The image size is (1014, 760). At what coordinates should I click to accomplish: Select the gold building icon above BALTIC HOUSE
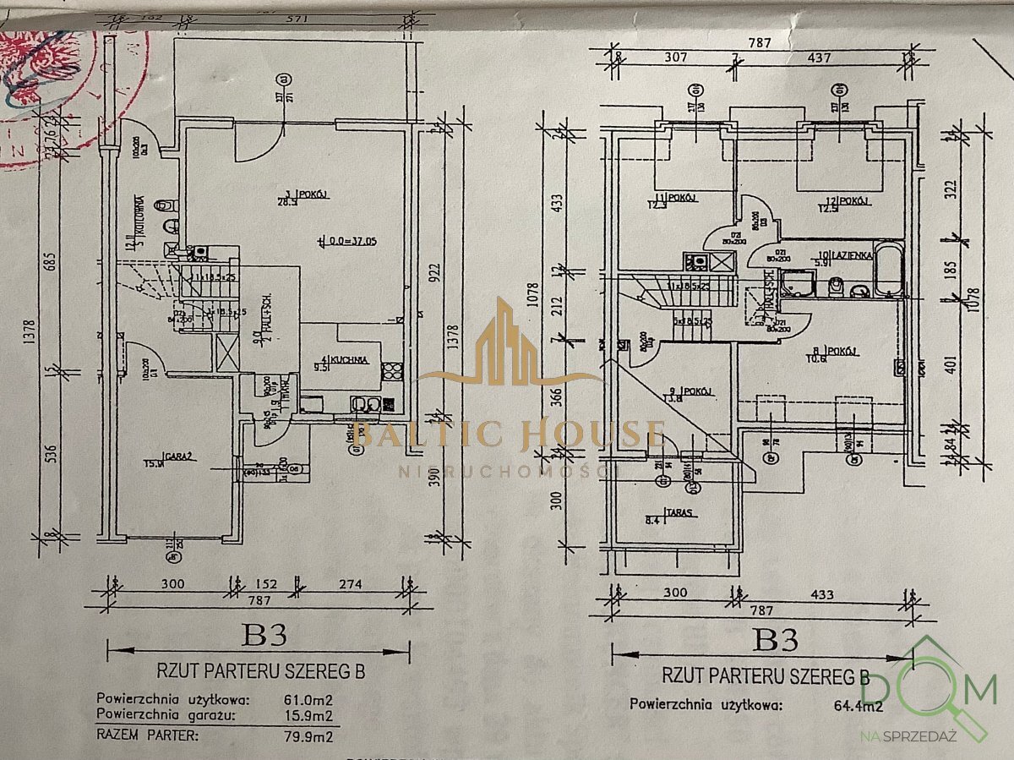pyautogui.click(x=505, y=338)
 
